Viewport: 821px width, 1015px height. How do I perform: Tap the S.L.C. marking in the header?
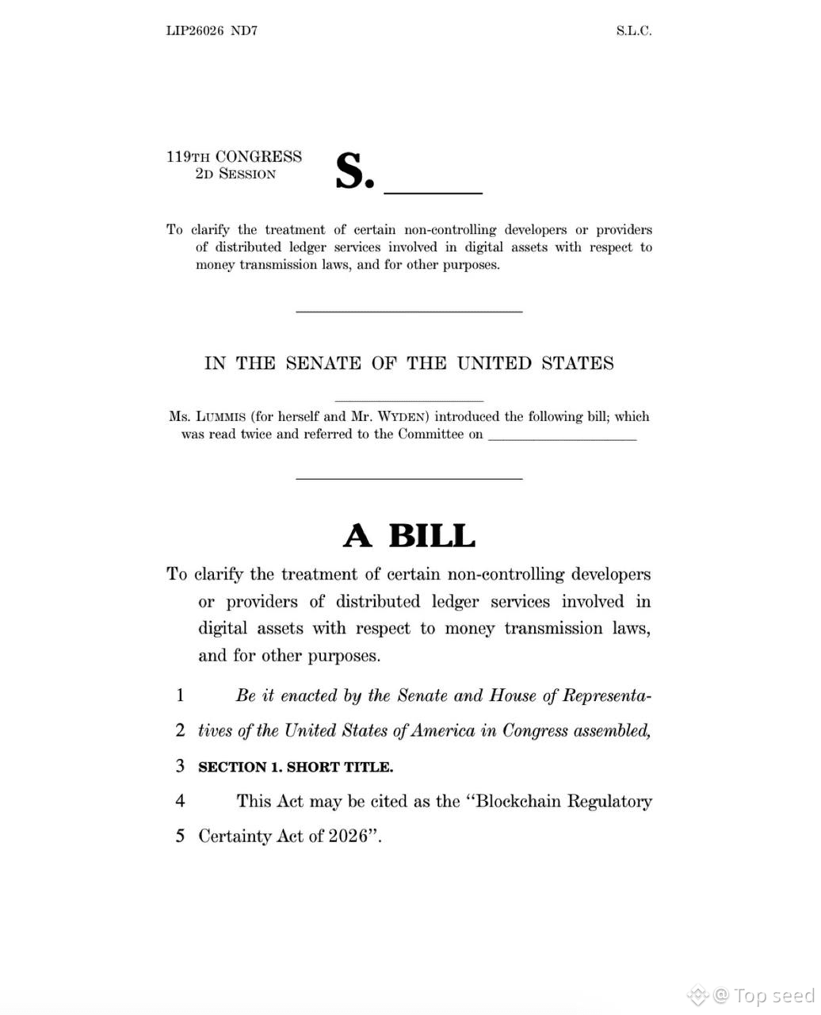(633, 31)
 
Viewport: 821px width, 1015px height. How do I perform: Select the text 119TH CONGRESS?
(234, 156)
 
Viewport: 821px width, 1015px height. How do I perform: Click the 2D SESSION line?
(235, 174)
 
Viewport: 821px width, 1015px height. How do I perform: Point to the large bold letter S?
(352, 170)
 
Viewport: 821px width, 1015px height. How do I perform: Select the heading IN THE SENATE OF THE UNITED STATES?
(409, 363)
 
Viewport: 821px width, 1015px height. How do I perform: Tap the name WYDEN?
(403, 416)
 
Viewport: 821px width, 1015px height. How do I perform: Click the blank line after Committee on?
(562, 438)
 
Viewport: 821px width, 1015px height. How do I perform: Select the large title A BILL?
(409, 536)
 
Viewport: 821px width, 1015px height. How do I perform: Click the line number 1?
(181, 695)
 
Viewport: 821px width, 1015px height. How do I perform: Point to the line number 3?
(181, 765)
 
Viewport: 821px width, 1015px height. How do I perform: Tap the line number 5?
(181, 836)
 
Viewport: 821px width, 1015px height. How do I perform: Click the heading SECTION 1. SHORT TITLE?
(295, 767)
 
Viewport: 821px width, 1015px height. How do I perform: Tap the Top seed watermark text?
(773, 995)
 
